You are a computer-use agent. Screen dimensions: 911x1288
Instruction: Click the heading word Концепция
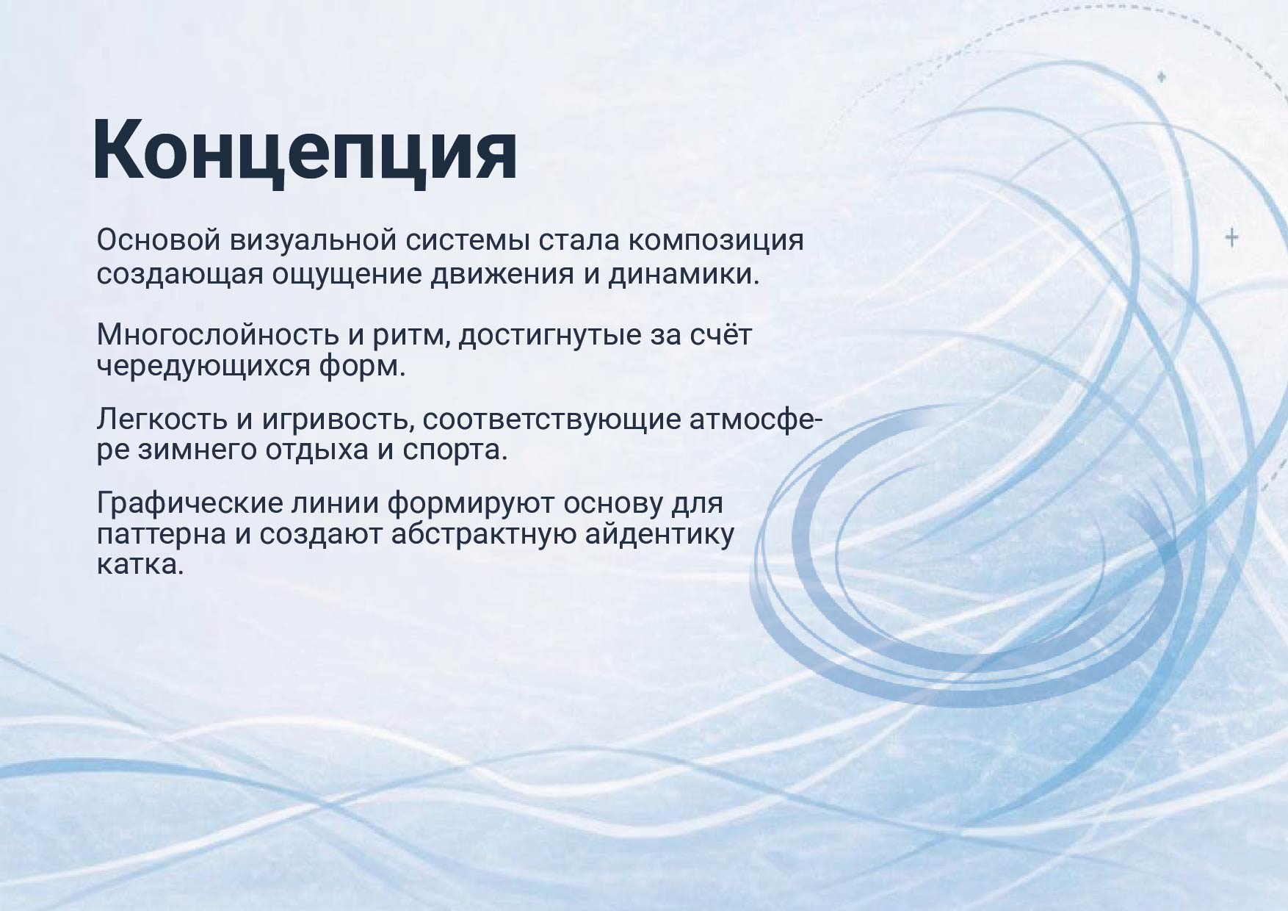pos(304,152)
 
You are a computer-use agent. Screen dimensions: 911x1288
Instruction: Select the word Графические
pos(187,503)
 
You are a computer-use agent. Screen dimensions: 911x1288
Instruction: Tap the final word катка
pos(139,565)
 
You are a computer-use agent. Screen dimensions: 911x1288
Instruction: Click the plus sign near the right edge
pos(1232,237)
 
